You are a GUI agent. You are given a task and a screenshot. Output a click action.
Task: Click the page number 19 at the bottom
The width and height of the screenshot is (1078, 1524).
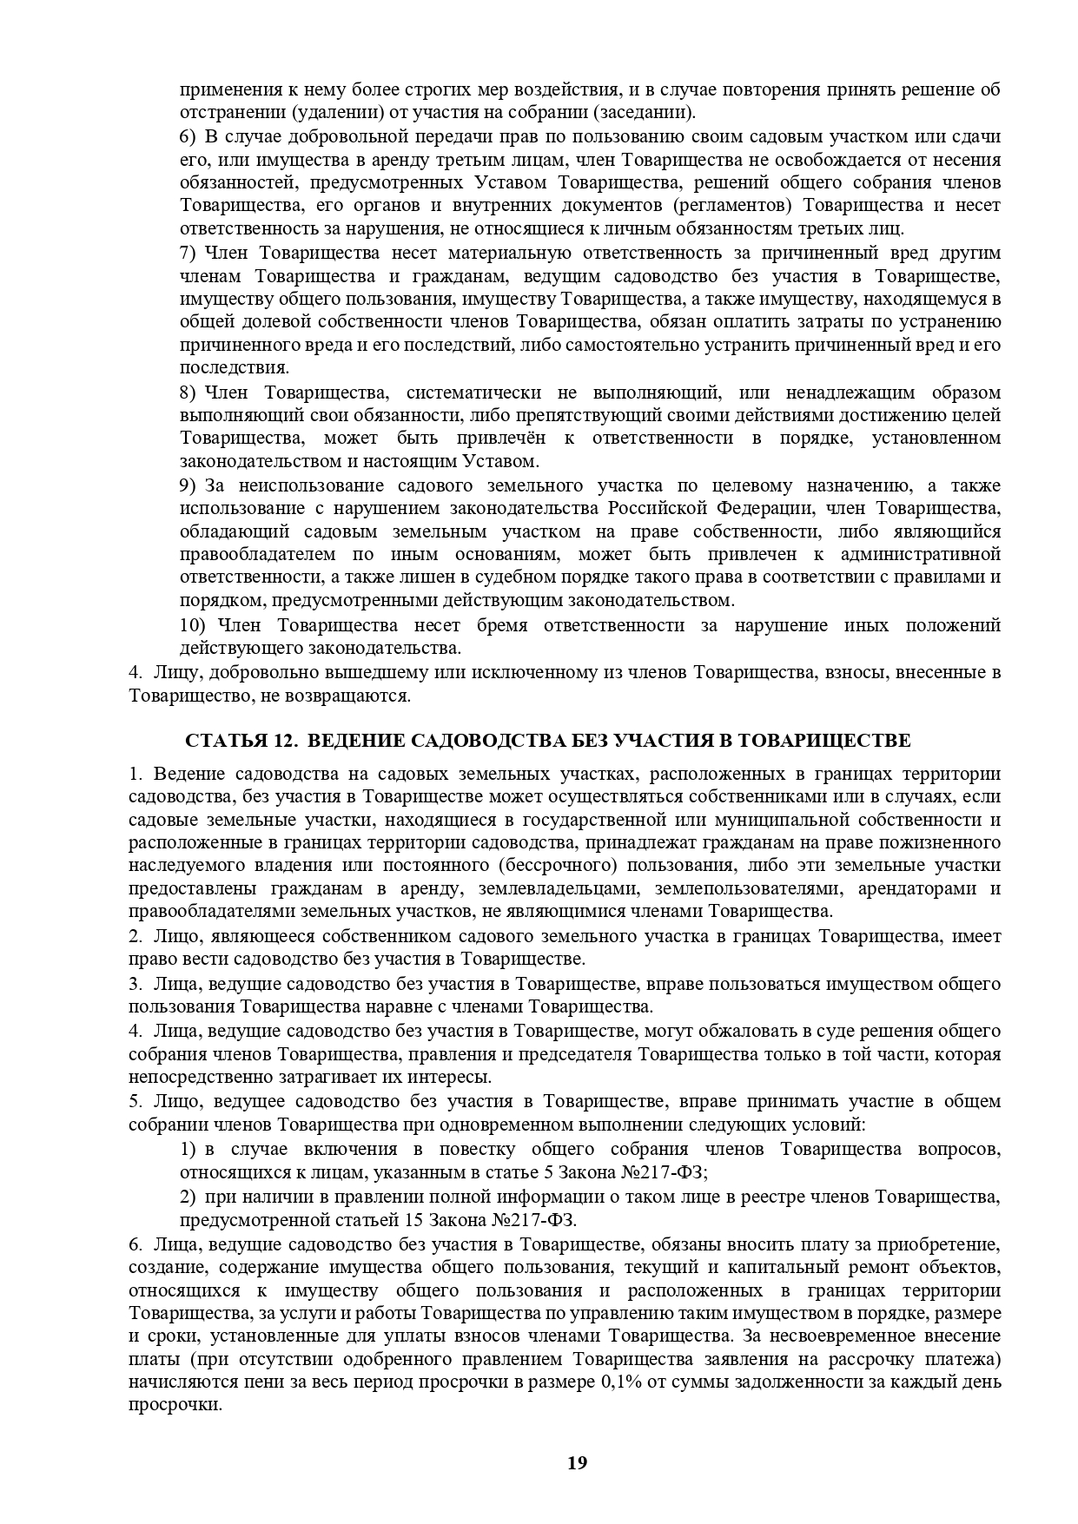tap(577, 1463)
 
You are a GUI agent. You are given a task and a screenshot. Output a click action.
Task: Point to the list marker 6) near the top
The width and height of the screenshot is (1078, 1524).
tap(188, 136)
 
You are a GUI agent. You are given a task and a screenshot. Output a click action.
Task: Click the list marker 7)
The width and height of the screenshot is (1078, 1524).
tap(188, 253)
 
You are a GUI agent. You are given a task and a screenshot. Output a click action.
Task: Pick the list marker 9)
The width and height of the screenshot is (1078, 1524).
tap(188, 485)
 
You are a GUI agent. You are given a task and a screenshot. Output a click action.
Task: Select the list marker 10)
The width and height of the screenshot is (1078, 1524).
tap(192, 625)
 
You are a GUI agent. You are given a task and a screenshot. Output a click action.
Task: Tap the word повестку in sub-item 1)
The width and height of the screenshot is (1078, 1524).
tap(476, 1150)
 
